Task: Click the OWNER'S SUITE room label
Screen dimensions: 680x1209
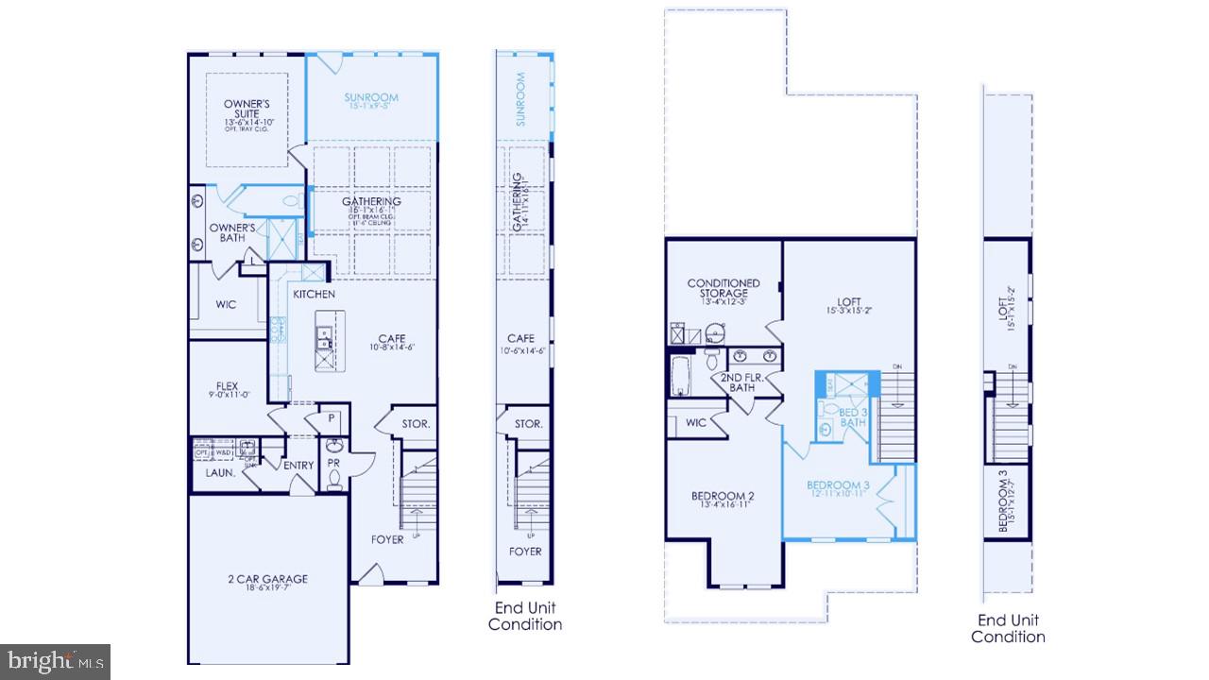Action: click(x=247, y=109)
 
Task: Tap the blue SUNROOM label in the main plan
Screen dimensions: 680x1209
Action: click(x=371, y=97)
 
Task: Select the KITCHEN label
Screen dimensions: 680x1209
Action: click(x=314, y=295)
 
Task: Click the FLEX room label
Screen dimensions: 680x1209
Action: click(x=227, y=386)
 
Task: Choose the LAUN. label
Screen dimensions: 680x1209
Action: click(x=220, y=472)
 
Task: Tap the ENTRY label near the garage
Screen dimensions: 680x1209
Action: click(x=298, y=465)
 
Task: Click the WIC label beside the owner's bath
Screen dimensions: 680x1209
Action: click(x=226, y=304)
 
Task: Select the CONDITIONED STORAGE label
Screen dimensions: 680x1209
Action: click(x=724, y=288)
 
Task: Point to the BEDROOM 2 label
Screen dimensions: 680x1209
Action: click(x=723, y=497)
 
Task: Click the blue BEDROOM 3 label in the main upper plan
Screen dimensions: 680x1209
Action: click(x=837, y=486)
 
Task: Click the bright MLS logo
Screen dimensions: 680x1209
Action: click(x=55, y=660)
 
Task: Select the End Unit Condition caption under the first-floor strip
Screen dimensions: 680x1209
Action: click(x=525, y=616)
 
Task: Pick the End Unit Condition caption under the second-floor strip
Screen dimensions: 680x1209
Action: click(x=1008, y=628)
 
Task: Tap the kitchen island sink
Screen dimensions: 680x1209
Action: click(x=323, y=333)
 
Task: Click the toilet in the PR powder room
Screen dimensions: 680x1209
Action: click(x=333, y=479)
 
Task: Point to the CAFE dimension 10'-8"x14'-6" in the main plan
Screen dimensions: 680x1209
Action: click(x=391, y=347)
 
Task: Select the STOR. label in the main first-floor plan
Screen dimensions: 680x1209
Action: click(x=416, y=424)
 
